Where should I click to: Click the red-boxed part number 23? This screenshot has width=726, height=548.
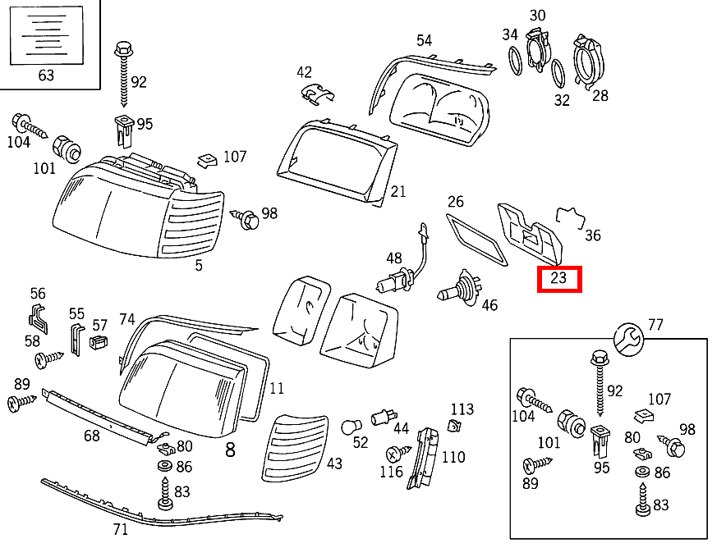coord(558,278)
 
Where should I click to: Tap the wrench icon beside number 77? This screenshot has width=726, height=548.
coord(628,340)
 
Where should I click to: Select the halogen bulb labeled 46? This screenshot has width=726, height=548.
coord(460,288)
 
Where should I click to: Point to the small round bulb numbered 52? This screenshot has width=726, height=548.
coord(351,427)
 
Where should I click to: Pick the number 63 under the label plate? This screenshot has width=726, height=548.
coord(46,75)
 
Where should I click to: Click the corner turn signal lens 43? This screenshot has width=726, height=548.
coord(295,448)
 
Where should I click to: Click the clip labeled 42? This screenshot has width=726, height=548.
coord(317,94)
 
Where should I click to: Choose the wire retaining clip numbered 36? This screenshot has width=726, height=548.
coord(571,217)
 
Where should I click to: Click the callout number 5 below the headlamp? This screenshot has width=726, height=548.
coord(199,266)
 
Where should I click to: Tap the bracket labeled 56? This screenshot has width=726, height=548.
coord(38,318)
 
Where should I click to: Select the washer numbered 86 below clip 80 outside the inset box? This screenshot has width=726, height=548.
coord(164,466)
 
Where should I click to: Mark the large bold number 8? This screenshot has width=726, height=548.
coord(230,450)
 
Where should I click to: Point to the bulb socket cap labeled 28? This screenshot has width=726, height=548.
coord(588,61)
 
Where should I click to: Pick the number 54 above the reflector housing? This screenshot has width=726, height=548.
coord(424,41)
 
